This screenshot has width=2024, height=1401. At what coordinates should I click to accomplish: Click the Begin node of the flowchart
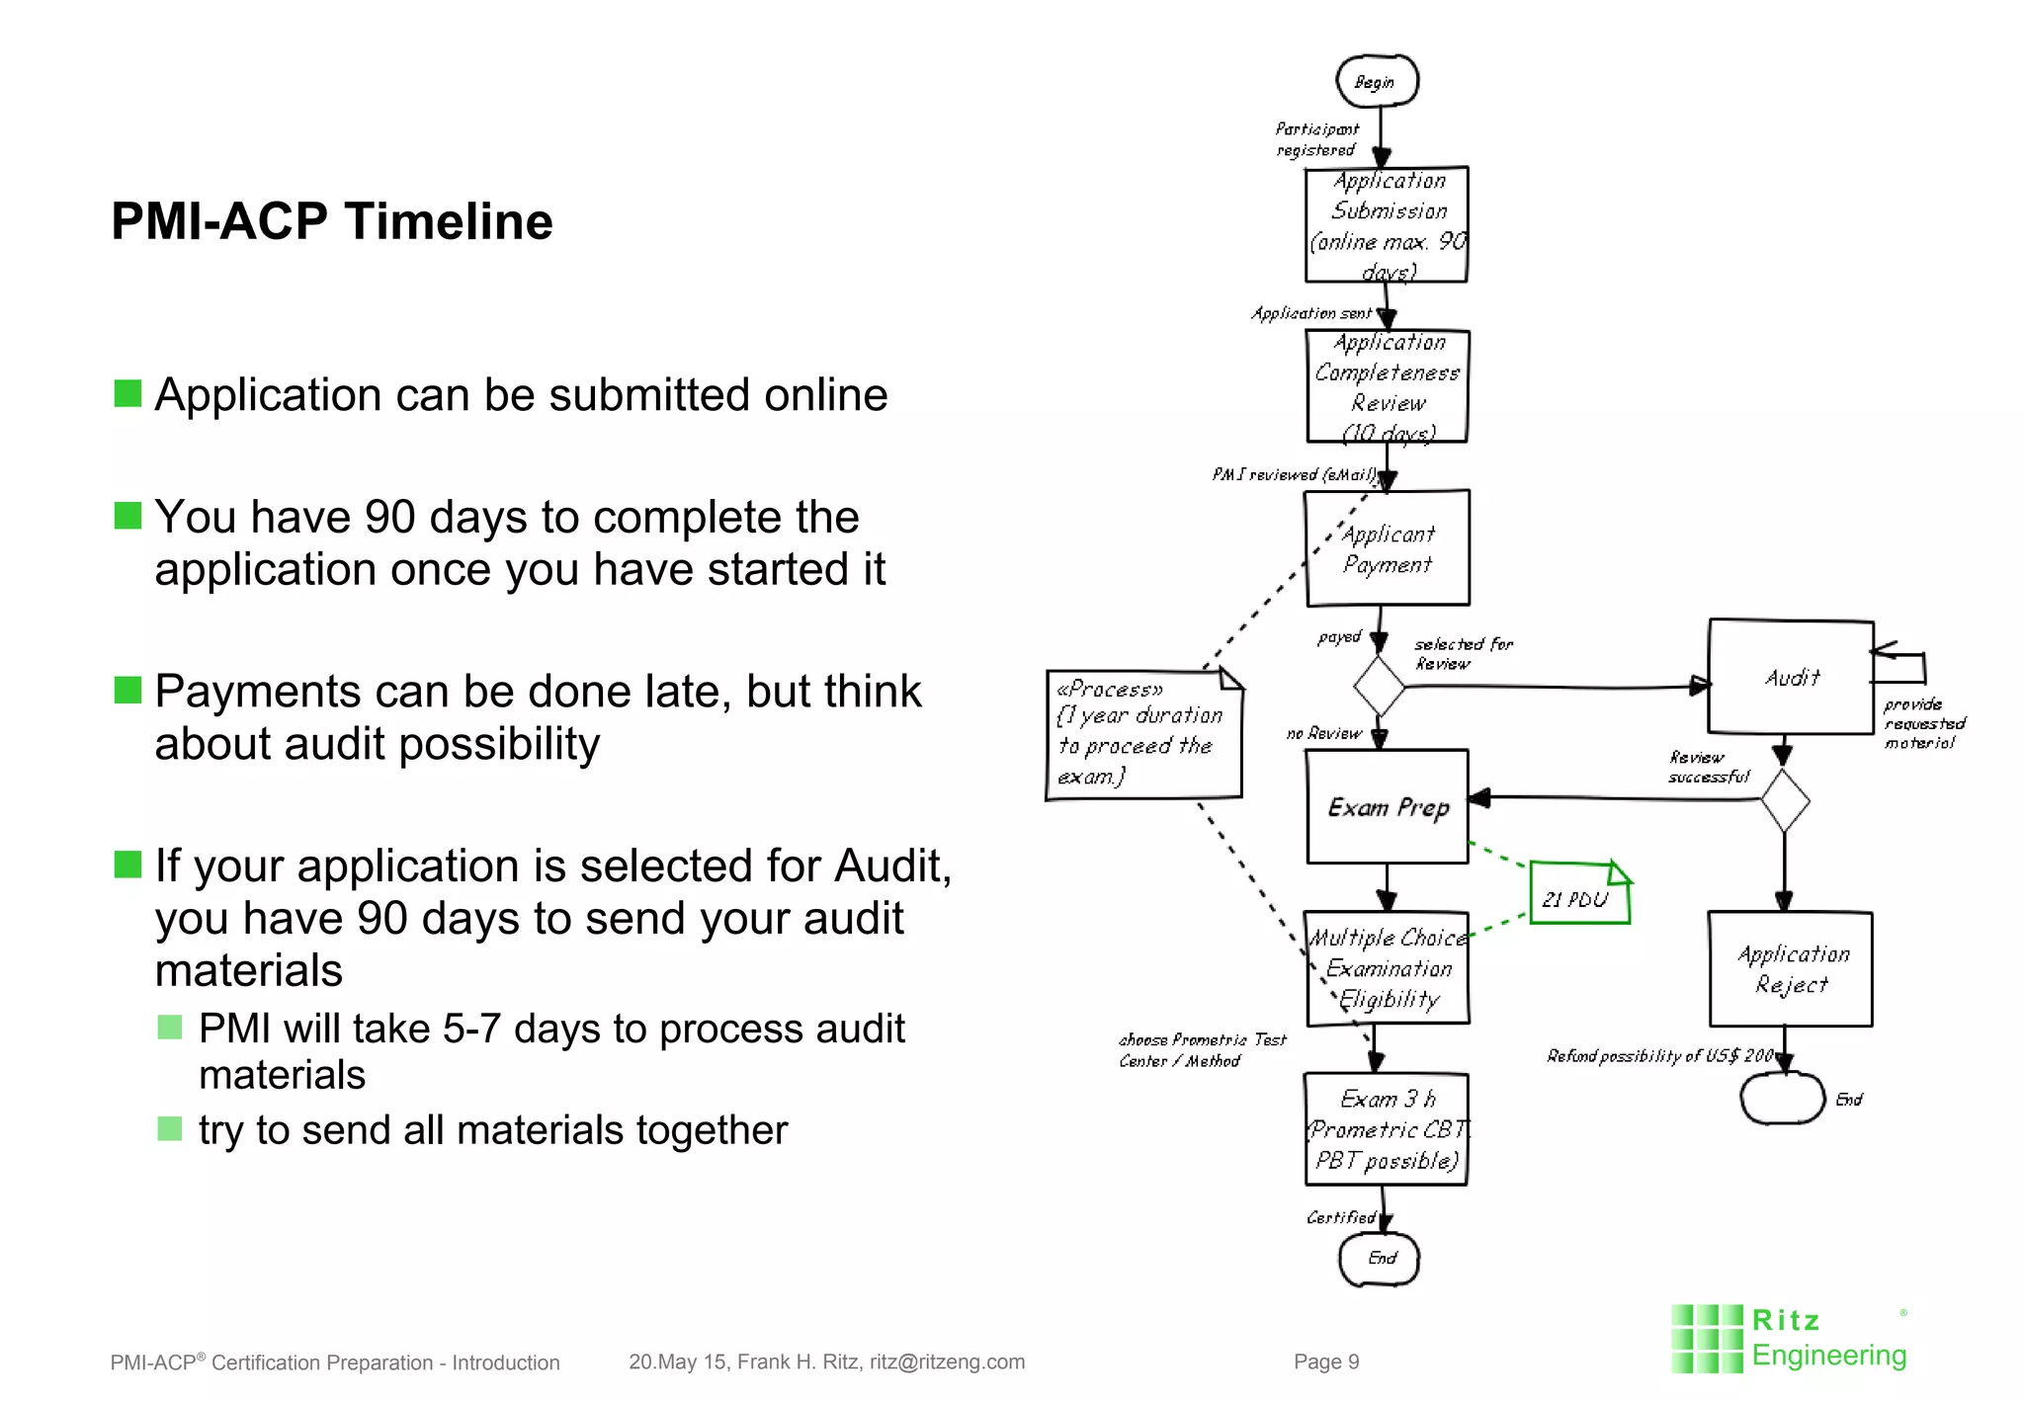[x=1377, y=81]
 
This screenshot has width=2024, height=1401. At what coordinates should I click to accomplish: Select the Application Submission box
[x=1386, y=225]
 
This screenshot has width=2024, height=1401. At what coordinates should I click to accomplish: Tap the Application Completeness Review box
[x=1387, y=386]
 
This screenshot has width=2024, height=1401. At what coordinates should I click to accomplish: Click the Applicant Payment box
[x=1387, y=548]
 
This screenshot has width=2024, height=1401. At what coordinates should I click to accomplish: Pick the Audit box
[x=1791, y=678]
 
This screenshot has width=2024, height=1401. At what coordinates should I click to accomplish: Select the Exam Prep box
[x=1387, y=807]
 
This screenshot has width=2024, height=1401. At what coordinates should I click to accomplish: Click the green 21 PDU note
[x=1578, y=894]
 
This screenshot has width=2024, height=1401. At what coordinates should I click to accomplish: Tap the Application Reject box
[x=1791, y=969]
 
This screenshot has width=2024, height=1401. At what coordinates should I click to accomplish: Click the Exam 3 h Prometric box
[x=1386, y=1130]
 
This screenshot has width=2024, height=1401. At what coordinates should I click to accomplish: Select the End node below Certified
[x=1380, y=1259]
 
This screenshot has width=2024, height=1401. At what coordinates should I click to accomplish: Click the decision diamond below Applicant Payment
[x=1380, y=686]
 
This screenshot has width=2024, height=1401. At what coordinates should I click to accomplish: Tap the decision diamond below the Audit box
[x=1785, y=800]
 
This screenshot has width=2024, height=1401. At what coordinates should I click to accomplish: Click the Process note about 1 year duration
[x=1142, y=733]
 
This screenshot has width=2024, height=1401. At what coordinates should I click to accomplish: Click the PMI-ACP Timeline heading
[x=332, y=221]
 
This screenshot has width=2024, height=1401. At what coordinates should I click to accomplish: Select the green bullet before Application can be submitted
[x=128, y=393]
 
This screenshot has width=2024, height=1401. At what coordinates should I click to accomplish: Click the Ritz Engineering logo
[x=1789, y=1339]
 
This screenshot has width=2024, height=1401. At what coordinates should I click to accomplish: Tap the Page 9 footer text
[x=1326, y=1361]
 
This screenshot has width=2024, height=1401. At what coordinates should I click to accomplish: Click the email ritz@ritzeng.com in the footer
[x=947, y=1361]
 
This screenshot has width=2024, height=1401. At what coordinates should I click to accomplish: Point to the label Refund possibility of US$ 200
[x=1660, y=1056]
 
